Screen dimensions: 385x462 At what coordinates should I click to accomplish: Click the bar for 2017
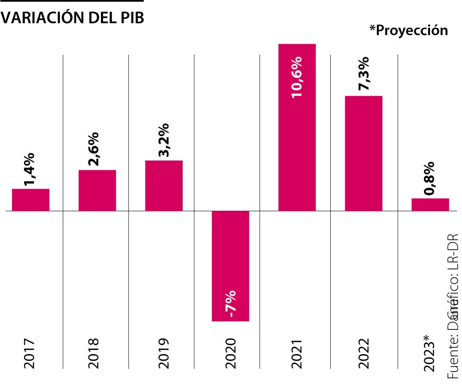point(30,200)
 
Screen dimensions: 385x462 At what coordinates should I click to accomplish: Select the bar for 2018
point(97,190)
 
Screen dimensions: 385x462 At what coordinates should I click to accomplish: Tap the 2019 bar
point(164,186)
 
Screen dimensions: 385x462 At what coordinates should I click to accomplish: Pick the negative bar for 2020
point(231,265)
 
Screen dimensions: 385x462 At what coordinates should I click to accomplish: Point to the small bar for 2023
point(430,204)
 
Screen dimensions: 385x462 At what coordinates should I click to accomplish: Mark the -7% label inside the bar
point(230,304)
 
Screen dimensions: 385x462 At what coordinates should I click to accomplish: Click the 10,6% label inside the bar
point(296,77)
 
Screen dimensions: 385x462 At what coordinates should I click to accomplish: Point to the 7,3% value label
point(363,74)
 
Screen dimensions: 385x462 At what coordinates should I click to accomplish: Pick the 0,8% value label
point(429,178)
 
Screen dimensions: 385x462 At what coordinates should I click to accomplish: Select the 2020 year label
point(230,354)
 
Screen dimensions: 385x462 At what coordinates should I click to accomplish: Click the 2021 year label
point(296,354)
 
